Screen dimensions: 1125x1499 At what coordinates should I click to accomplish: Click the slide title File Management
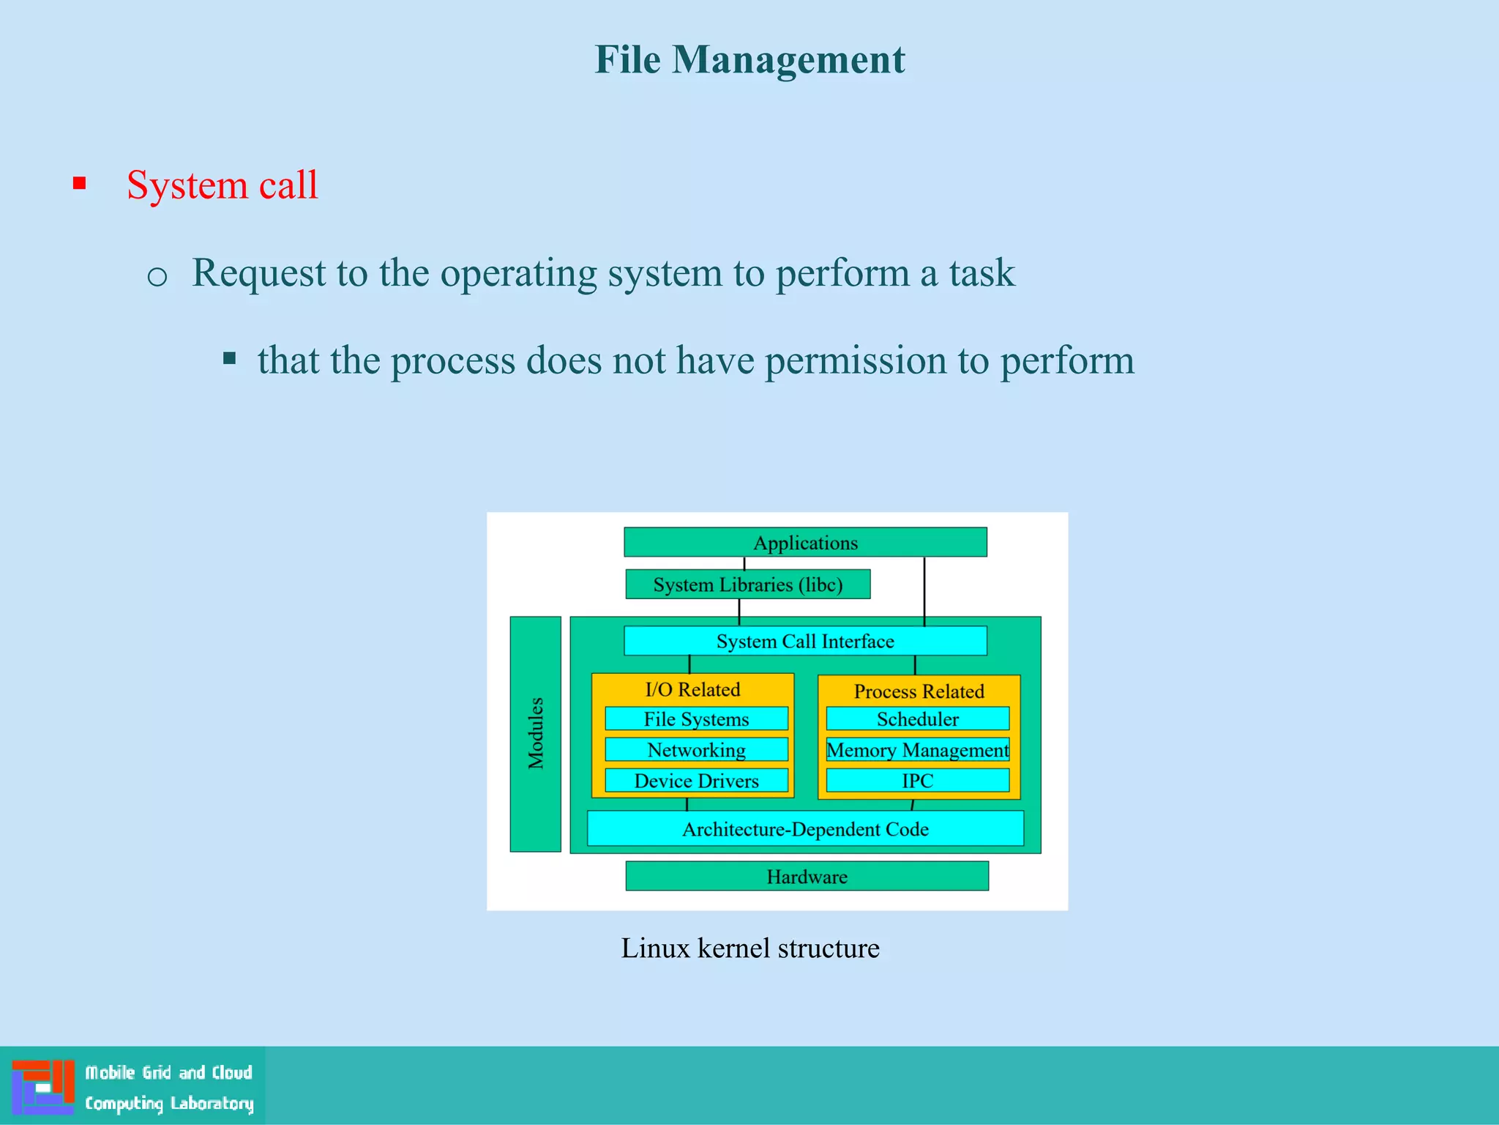[x=749, y=59]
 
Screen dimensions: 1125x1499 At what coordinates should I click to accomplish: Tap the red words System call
[x=222, y=185]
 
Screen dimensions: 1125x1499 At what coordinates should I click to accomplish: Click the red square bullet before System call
[x=80, y=183]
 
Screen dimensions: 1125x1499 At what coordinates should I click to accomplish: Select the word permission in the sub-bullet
[x=854, y=360]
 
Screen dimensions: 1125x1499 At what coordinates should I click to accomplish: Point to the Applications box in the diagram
[x=805, y=543]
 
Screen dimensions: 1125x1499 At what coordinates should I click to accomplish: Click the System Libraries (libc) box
[x=747, y=584]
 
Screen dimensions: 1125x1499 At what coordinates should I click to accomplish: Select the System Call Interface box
[x=805, y=641]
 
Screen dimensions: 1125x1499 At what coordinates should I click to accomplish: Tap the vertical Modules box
[x=536, y=733]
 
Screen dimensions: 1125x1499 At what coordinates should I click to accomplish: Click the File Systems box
[x=696, y=719]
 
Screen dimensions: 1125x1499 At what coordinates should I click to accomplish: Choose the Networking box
[x=696, y=750]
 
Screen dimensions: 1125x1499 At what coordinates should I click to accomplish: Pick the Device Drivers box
[x=696, y=781]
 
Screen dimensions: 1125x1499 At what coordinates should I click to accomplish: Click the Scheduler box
[x=917, y=719]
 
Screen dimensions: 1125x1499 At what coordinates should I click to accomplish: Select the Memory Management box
[x=917, y=750]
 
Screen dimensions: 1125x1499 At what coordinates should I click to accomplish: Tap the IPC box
[x=917, y=781]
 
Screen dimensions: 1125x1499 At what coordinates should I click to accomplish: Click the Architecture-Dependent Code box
[x=805, y=829]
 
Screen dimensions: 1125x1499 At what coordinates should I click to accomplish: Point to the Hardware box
[x=807, y=876]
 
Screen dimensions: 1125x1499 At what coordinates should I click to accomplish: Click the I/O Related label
[x=692, y=689]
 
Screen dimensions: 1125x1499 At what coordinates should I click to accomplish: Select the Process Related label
[x=919, y=691]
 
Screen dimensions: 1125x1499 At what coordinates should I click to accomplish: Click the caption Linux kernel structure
[x=750, y=948]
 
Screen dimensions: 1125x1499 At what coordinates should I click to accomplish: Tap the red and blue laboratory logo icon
[x=43, y=1086]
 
